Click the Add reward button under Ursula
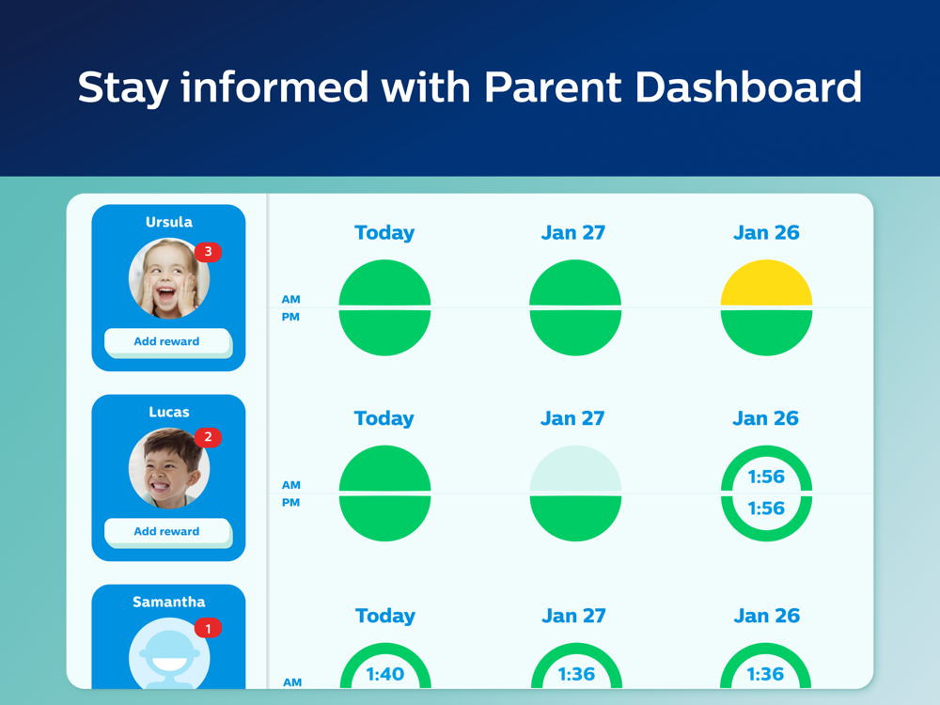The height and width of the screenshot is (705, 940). [x=167, y=342]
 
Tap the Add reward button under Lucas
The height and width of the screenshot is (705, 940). [x=167, y=532]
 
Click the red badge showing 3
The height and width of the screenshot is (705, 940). [x=208, y=252]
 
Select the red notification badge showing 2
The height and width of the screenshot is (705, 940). [x=208, y=437]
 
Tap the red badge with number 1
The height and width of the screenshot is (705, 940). [x=208, y=628]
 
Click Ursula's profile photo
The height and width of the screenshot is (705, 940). [x=169, y=278]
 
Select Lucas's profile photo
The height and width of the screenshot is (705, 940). [x=169, y=468]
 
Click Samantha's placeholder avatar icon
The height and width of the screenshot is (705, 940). [x=169, y=653]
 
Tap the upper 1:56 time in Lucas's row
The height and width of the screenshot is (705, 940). [x=766, y=477]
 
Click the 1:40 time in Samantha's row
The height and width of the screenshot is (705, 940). [x=384, y=674]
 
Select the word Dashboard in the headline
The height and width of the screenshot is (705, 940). [x=747, y=87]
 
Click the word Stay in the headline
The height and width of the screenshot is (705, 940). [x=123, y=88]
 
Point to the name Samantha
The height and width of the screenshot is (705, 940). [x=169, y=602]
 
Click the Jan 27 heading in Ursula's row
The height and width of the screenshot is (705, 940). [x=573, y=232]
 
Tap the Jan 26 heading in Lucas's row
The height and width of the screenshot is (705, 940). [x=765, y=418]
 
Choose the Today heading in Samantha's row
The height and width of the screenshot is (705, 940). [x=384, y=616]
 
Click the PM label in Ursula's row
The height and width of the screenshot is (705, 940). [x=290, y=317]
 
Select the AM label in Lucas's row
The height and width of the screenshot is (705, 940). [x=290, y=485]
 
